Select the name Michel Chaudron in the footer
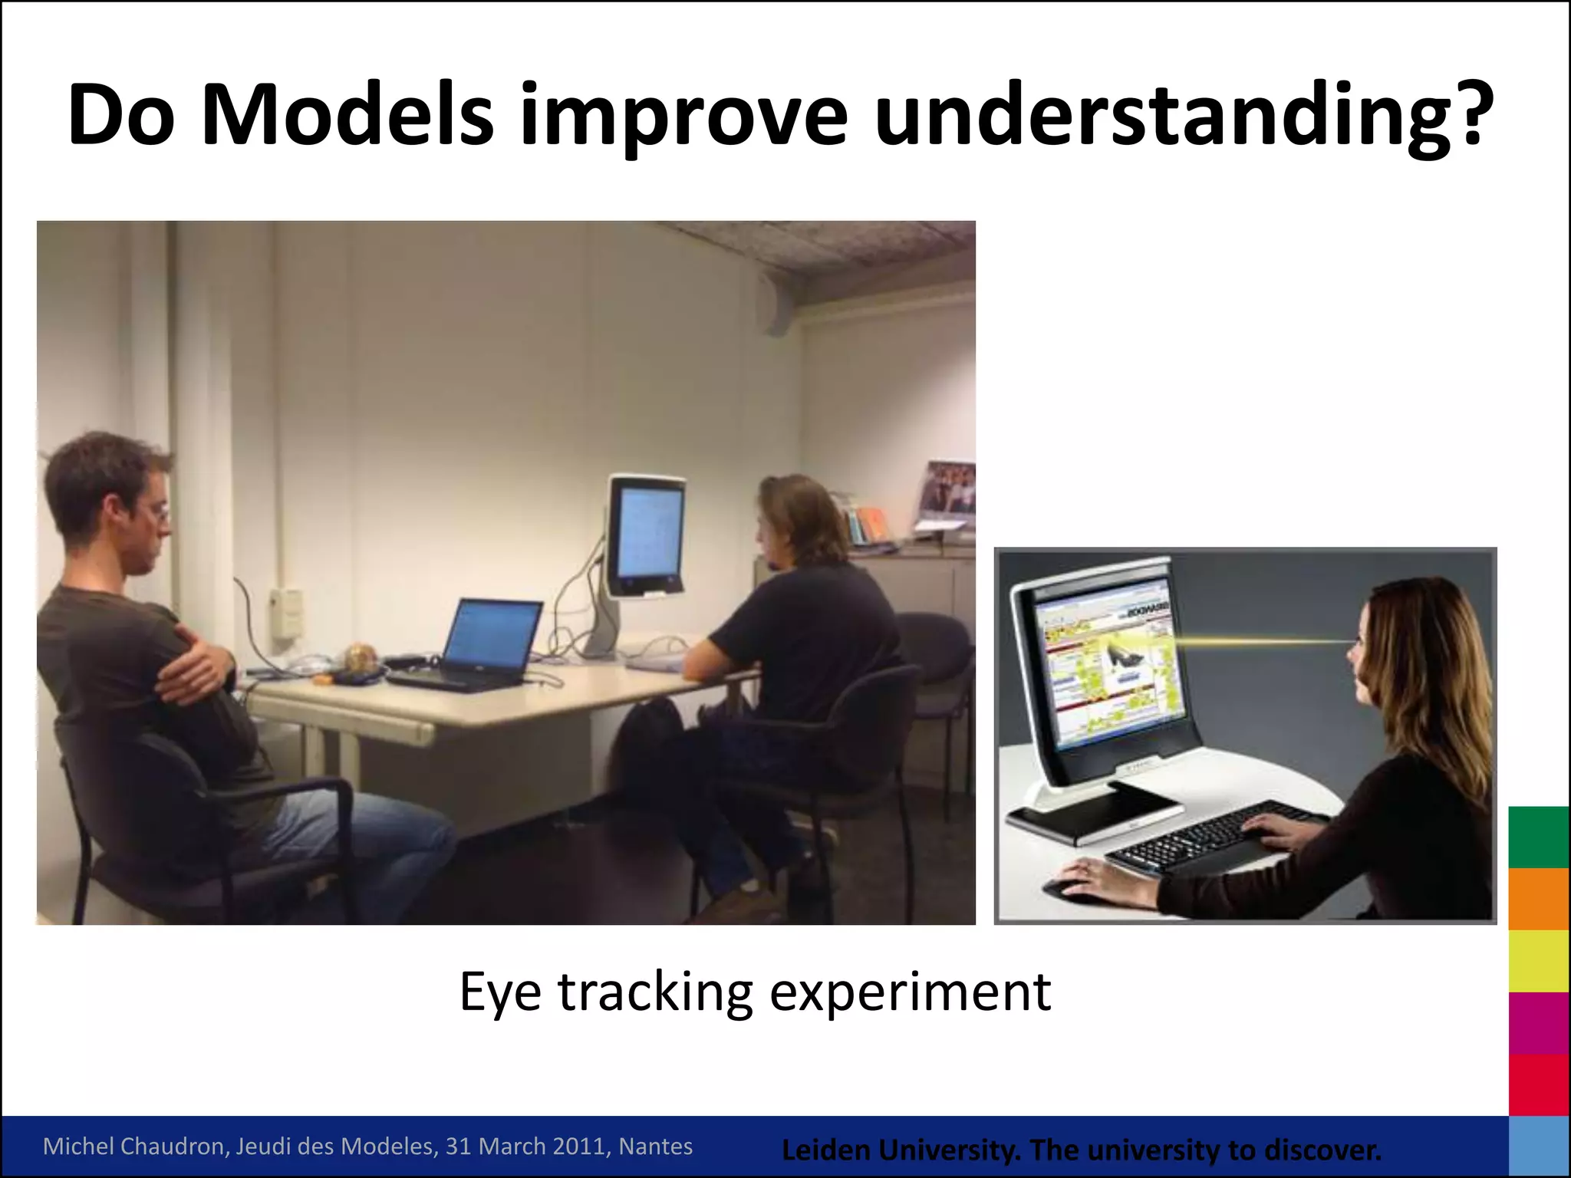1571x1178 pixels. click(134, 1146)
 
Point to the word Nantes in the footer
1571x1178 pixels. click(656, 1146)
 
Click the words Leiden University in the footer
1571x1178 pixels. click(900, 1150)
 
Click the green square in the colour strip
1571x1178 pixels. click(1538, 837)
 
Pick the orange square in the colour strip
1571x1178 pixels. click(1538, 899)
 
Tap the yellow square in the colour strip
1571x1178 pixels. click(1538, 961)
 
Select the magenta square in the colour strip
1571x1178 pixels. click(1538, 1023)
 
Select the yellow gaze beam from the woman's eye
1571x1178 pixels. click(1258, 641)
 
